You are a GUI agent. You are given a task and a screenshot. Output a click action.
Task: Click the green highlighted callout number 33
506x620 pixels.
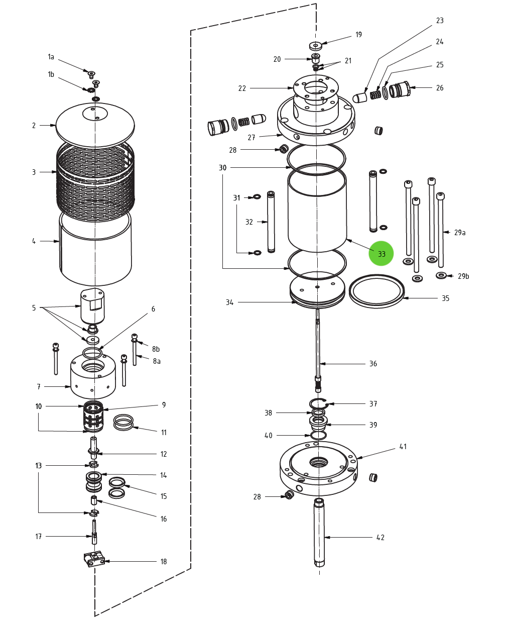[381, 254]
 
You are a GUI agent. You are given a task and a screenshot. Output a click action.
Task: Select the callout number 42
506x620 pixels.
[381, 538]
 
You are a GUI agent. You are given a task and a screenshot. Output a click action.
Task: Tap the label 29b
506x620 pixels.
[463, 276]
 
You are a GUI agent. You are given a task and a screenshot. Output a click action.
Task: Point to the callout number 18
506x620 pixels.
[163, 562]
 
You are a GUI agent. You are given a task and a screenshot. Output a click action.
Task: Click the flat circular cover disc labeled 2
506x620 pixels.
[95, 126]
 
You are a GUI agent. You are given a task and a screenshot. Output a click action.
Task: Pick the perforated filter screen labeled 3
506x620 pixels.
[95, 178]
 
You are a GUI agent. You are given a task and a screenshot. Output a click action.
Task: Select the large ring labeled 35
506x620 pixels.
[376, 291]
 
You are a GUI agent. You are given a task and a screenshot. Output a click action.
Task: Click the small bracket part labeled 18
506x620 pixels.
[94, 559]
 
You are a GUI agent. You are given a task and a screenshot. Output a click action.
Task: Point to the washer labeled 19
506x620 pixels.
[315, 46]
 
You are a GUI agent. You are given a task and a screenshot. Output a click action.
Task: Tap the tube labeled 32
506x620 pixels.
[271, 222]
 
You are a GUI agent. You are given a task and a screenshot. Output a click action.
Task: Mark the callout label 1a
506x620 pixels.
[51, 57]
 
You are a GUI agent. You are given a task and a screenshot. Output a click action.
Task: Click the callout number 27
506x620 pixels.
[251, 138]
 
